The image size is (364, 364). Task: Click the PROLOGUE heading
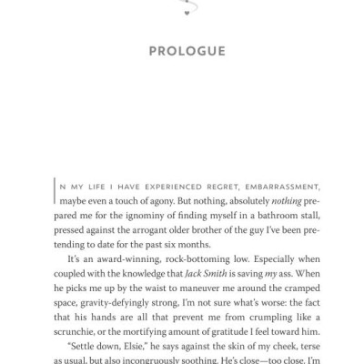point(187,51)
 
